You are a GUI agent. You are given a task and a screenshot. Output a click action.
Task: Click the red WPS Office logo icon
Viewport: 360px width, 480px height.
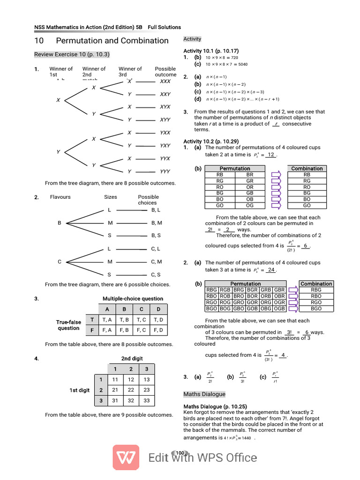click(126, 457)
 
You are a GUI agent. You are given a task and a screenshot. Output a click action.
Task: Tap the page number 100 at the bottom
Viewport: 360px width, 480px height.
click(180, 453)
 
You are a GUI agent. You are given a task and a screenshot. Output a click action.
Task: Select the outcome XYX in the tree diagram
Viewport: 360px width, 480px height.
click(165, 107)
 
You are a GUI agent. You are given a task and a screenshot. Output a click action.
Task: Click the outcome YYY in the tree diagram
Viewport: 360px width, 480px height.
click(165, 172)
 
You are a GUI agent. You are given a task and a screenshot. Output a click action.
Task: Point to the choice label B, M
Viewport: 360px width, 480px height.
click(157, 223)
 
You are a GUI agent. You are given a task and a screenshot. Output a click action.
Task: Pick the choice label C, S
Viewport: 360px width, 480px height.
click(156, 275)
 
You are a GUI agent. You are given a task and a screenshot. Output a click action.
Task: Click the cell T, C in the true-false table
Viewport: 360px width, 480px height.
click(141, 320)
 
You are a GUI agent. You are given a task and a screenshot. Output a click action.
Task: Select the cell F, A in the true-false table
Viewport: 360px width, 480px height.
click(107, 330)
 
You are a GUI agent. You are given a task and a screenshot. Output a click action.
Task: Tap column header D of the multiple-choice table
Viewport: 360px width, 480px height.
click(158, 309)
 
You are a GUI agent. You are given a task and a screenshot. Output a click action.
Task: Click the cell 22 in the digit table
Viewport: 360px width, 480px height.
click(131, 390)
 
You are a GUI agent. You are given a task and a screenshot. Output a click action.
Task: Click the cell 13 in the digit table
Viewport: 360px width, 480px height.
click(147, 380)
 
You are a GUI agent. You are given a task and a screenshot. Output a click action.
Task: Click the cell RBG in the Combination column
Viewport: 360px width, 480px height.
click(316, 290)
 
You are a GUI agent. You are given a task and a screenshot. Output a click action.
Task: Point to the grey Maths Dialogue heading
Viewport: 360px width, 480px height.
click(204, 394)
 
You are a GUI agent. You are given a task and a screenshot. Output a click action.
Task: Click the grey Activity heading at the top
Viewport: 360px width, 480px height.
click(192, 39)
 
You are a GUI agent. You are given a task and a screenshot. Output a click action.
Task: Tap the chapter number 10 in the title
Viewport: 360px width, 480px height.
click(39, 41)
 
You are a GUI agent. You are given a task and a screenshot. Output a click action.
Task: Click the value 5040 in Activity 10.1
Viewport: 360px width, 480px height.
click(243, 64)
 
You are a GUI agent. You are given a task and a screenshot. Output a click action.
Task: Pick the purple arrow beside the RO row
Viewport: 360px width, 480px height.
click(276, 187)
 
